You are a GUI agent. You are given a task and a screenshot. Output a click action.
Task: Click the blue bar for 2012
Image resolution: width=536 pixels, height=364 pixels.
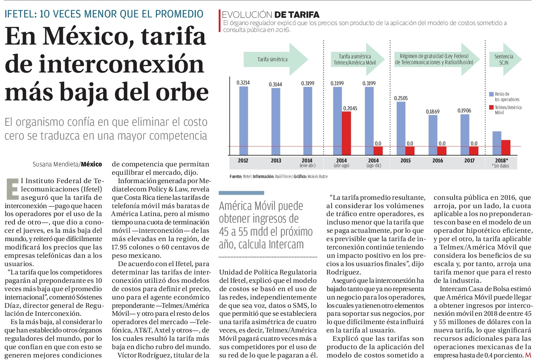(x=244, y=121)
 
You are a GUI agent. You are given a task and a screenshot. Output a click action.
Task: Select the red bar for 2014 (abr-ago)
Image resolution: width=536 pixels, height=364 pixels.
(x=346, y=133)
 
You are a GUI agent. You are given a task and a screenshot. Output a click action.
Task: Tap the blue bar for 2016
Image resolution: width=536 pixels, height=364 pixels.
(x=433, y=135)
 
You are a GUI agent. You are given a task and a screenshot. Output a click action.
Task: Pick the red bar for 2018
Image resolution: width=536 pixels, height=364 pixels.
(x=506, y=148)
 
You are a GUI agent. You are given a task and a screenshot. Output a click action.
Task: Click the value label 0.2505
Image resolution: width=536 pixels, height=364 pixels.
(x=401, y=98)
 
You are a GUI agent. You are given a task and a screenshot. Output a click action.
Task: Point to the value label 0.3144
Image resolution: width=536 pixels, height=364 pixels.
(x=275, y=84)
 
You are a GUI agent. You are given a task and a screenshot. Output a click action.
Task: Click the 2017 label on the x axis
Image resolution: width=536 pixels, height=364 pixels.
(x=469, y=161)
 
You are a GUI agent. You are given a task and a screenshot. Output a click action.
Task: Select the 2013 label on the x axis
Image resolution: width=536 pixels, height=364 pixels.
(x=276, y=161)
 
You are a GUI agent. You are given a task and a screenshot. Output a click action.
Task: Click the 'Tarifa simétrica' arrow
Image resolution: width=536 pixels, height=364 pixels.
(x=276, y=59)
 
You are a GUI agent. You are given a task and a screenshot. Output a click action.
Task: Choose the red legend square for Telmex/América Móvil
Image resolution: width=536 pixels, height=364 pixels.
(x=491, y=107)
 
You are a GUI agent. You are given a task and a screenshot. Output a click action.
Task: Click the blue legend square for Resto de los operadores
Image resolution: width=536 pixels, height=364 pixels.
(x=491, y=94)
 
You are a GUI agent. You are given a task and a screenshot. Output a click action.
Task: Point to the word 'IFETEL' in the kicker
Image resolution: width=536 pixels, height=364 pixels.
(x=20, y=14)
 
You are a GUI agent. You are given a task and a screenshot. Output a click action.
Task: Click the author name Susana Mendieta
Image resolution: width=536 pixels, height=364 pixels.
(x=56, y=165)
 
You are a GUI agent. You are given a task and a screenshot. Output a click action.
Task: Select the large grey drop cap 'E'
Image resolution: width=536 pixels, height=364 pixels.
(x=13, y=189)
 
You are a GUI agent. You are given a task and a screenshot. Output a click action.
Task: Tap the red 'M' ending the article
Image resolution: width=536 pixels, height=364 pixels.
(x=528, y=355)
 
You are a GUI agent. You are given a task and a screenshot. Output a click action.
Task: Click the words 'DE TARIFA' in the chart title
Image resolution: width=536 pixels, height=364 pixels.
(x=297, y=15)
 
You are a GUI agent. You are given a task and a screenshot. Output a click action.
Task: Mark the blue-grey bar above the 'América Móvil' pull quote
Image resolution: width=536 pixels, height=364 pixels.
(x=241, y=193)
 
